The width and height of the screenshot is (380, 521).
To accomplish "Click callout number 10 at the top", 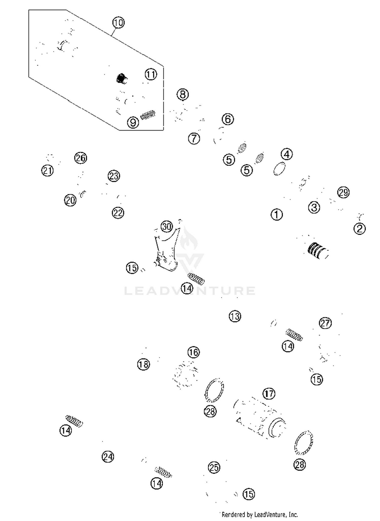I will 118,23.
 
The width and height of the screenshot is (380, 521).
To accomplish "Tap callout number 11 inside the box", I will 151,74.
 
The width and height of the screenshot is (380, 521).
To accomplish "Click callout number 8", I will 183,94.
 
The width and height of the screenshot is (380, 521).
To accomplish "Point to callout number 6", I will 228,119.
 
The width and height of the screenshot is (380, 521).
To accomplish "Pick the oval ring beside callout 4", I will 279,169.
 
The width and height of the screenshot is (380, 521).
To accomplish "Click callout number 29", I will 343,193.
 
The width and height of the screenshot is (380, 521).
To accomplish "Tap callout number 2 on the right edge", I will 359,229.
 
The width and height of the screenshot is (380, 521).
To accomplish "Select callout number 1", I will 277,215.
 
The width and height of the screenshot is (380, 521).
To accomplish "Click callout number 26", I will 81,158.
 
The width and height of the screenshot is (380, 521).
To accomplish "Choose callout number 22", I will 118,213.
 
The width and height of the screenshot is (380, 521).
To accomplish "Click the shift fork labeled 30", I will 166,251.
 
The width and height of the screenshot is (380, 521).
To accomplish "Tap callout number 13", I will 235,316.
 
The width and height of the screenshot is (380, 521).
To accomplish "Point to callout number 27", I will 325,323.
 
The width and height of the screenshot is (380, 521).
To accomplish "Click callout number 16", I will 194,352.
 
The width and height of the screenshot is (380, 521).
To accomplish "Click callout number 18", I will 144,364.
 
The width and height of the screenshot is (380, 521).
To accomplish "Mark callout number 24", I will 108,457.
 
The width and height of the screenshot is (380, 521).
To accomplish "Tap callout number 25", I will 214,467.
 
